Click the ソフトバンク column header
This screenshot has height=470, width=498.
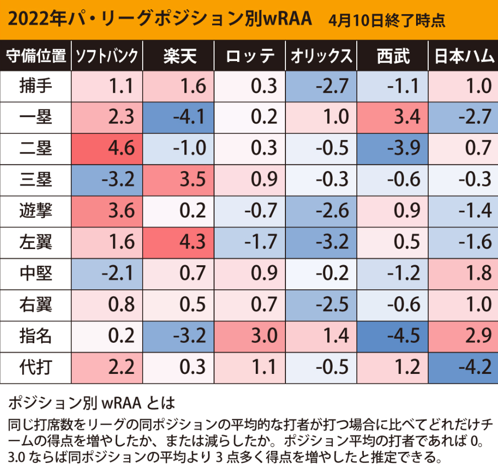point(107,56)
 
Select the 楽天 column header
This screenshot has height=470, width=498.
point(178,56)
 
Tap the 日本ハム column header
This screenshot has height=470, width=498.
point(463,56)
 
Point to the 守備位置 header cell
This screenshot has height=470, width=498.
point(36,56)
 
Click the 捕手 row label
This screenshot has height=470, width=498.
point(36,86)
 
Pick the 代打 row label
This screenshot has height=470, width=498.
point(36,368)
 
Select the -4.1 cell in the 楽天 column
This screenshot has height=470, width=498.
point(178,118)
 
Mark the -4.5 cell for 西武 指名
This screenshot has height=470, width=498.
point(392,337)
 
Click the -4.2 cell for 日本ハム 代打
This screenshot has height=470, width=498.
point(463,368)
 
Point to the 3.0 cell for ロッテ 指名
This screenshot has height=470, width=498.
point(250,337)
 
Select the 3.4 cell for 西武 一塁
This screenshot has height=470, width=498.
point(392,118)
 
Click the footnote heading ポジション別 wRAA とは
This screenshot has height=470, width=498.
point(91,403)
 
